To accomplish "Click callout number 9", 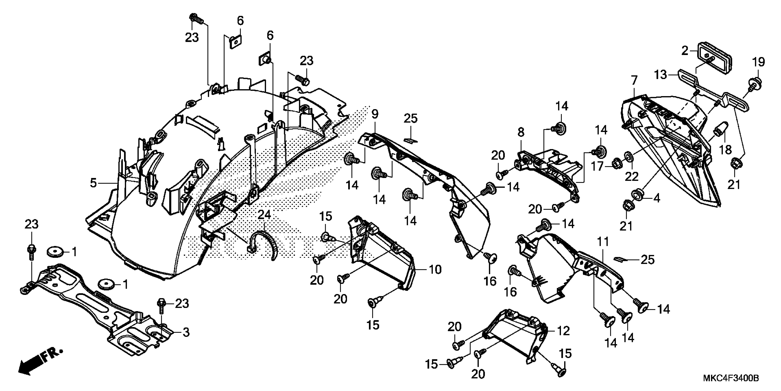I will click(375, 115).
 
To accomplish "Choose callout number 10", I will click(435, 269).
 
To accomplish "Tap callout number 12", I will click(563, 331).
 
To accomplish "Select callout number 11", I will click(603, 242).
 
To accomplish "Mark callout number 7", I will click(634, 80).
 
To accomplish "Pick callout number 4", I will click(656, 198).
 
